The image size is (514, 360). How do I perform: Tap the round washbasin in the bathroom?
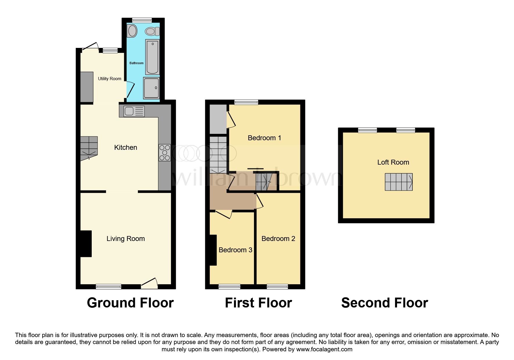(x=132, y=31)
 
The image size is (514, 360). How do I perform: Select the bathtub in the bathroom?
(x=152, y=57)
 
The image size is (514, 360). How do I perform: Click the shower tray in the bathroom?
(x=152, y=88)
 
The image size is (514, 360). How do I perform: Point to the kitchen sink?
(x=134, y=111)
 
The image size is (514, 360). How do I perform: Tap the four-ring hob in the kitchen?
(x=165, y=153)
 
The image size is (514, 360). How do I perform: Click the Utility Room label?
(x=109, y=79)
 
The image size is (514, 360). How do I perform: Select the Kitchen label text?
(x=125, y=147)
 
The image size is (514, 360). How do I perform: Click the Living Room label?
(x=125, y=239)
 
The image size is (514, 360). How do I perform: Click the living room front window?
(x=109, y=287)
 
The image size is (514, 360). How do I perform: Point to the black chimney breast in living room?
(x=86, y=244)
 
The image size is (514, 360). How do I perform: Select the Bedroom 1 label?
(x=264, y=138)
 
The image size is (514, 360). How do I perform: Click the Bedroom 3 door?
(x=224, y=215)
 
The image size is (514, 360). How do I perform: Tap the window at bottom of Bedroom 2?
(x=277, y=287)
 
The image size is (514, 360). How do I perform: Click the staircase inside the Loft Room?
(x=398, y=182)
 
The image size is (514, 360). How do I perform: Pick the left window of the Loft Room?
(x=367, y=130)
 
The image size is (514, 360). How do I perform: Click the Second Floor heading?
(x=384, y=303)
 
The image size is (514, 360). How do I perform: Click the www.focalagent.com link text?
(x=324, y=349)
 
